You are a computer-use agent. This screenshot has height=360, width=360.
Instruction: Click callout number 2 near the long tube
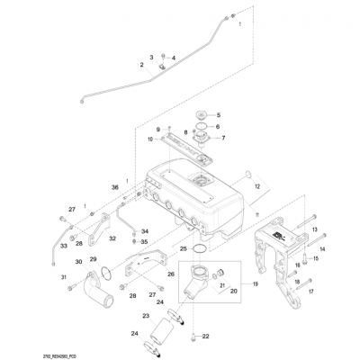pos(141,65)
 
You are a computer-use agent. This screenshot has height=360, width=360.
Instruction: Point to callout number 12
pos(256,186)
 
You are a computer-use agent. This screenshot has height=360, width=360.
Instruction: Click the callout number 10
pos(149,139)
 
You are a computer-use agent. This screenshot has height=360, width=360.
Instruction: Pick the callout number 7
pos(223,139)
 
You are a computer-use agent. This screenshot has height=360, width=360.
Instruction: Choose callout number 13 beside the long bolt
pos(315,231)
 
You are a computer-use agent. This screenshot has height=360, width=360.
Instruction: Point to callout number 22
pos(206,336)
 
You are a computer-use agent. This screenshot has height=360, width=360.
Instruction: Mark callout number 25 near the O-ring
pos(183,248)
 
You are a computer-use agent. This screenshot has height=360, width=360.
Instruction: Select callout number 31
pos(65,277)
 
